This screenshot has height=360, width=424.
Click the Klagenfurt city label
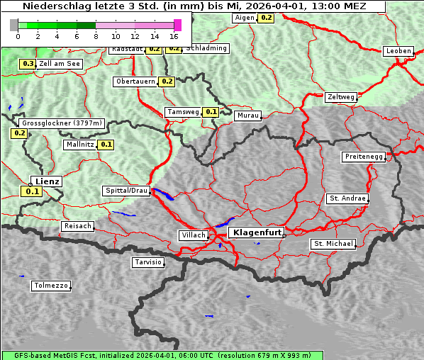[x=257, y=232]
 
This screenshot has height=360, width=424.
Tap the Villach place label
[x=193, y=235]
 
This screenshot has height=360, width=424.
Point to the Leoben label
[x=397, y=51]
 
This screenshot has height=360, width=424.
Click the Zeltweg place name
[x=342, y=97]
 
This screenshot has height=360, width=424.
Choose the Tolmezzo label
[x=50, y=286]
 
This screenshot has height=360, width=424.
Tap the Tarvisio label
[x=148, y=262]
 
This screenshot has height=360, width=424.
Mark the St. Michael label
[x=333, y=244]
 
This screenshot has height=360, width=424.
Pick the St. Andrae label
[x=347, y=198]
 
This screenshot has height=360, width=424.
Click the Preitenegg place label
[x=364, y=157]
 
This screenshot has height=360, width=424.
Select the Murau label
[x=248, y=115]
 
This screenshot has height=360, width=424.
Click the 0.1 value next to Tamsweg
[x=211, y=112]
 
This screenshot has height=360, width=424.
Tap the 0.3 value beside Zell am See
[x=28, y=64]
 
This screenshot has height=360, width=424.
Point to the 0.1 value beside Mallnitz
[x=106, y=145]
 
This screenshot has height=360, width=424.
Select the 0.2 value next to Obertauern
[x=167, y=81]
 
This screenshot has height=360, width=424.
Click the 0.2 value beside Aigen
[x=266, y=17]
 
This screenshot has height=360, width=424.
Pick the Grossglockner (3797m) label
[x=62, y=123]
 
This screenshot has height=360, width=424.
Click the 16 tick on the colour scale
[x=174, y=35]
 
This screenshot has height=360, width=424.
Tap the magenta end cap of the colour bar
[x=177, y=25]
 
